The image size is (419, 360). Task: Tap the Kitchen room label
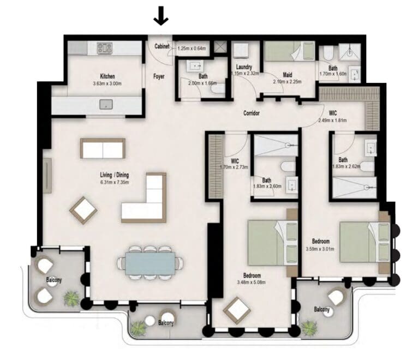coord(107,76)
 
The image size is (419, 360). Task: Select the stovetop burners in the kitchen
coord(105,49)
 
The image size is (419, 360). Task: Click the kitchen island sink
coord(106,104)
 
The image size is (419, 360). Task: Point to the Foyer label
coord(159,77)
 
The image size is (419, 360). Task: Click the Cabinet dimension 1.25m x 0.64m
coord(191,49)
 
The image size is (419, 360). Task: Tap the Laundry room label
coord(244,67)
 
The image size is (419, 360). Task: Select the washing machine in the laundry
coord(241,51)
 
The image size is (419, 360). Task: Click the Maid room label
coord(288,75)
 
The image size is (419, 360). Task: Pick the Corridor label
coord(252,113)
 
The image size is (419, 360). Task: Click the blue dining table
coord(150,263)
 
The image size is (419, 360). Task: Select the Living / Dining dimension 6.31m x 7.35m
coord(115,182)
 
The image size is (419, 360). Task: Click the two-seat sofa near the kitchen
coord(103,148)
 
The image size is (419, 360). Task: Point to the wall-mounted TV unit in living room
coord(47,176)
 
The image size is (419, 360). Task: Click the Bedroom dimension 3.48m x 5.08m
coord(251,283)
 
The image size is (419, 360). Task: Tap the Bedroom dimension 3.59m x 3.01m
coord(320,249)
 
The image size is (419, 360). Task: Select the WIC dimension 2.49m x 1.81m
coord(332,121)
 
